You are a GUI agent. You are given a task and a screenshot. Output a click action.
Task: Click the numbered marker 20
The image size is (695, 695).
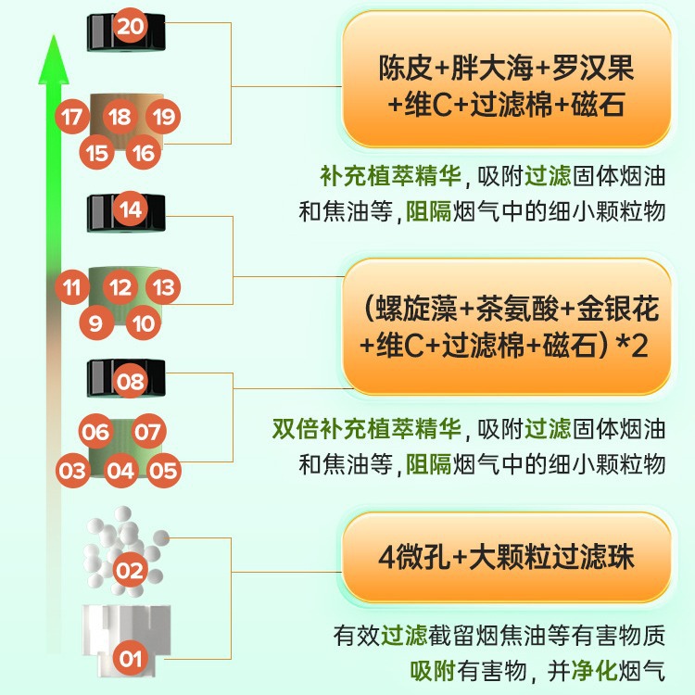tap(131, 26)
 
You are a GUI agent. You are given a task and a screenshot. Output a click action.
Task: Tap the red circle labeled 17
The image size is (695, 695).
tap(72, 118)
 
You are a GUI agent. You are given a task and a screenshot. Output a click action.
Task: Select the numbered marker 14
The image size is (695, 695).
tap(131, 209)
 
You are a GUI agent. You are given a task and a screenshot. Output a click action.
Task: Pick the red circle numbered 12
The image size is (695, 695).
tap(120, 287)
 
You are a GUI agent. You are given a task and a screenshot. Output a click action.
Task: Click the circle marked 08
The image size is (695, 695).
tap(131, 381)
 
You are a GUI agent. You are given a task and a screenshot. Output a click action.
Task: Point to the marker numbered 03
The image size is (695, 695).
tap(72, 470)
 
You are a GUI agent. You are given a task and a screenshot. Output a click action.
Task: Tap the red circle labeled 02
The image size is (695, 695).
tap(130, 570)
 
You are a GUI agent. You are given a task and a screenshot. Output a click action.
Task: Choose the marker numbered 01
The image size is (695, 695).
tap(131, 660)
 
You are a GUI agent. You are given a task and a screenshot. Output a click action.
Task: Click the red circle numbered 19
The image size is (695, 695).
tap(164, 118)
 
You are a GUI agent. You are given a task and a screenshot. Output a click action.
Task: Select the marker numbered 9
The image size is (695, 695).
tap(95, 322)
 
